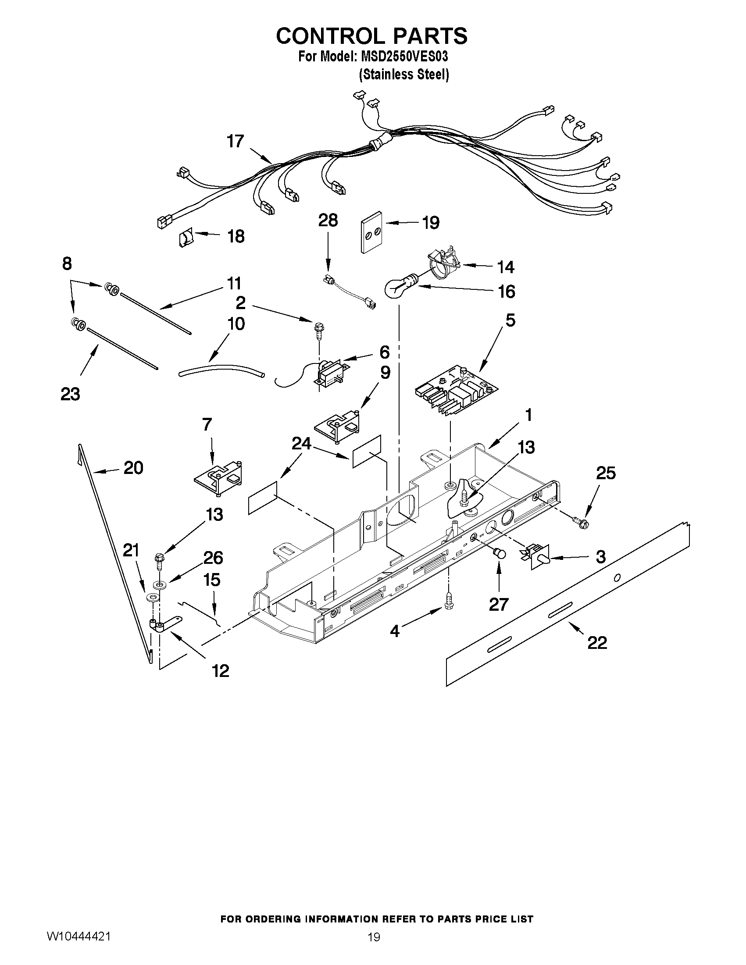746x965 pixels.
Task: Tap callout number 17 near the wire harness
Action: click(x=235, y=141)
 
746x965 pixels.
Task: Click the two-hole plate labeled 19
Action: click(x=372, y=236)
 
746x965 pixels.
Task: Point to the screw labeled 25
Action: click(x=582, y=523)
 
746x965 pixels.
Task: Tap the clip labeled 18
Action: click(x=186, y=239)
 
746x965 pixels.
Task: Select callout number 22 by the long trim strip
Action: click(x=597, y=642)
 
